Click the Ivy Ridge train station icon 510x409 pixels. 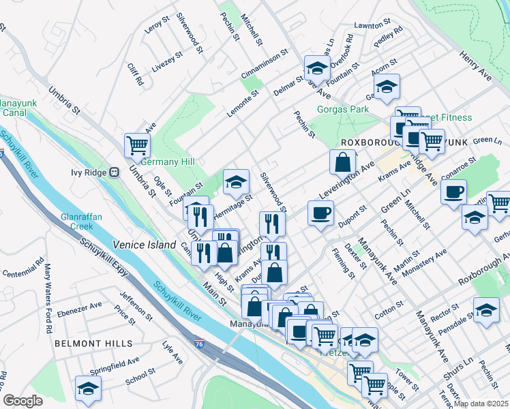[115, 172]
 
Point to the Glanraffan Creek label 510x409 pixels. [81, 221]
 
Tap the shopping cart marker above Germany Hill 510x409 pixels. [137, 145]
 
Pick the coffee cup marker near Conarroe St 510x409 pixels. [453, 191]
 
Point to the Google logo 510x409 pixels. [22, 401]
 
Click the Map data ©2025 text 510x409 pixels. [481, 404]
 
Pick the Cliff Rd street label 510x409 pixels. [136, 74]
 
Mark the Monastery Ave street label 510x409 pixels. [427, 262]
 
